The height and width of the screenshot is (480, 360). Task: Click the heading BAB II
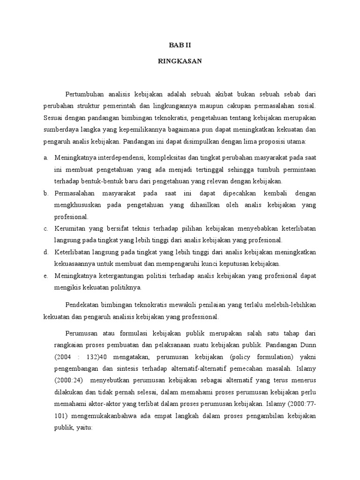[180, 45]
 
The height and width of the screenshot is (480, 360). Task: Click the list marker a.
[45, 157]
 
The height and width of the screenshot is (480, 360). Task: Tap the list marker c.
[45, 228]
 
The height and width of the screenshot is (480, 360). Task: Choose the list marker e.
[45, 276]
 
